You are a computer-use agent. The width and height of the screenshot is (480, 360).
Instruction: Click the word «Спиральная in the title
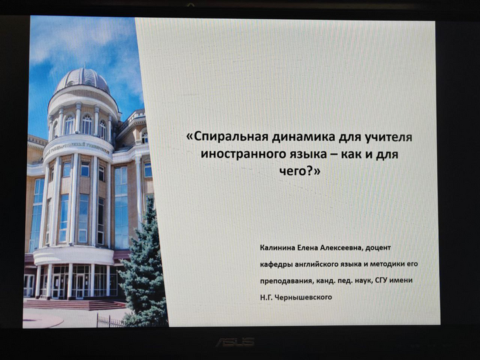[x=227, y=137]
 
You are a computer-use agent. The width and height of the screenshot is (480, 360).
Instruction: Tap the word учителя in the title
[x=389, y=137]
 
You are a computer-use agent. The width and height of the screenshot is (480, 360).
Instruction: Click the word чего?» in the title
[x=300, y=171]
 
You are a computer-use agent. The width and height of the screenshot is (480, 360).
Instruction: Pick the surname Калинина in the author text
[x=277, y=247]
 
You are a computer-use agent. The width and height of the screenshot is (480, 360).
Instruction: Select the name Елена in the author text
[x=307, y=247]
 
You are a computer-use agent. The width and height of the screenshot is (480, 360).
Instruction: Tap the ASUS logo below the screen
[x=236, y=342]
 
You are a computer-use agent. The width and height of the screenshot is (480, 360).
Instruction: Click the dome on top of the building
[x=83, y=80]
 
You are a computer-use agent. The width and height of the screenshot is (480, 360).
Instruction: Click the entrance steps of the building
[x=75, y=305]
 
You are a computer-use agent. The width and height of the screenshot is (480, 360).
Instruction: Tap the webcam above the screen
[x=191, y=5]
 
